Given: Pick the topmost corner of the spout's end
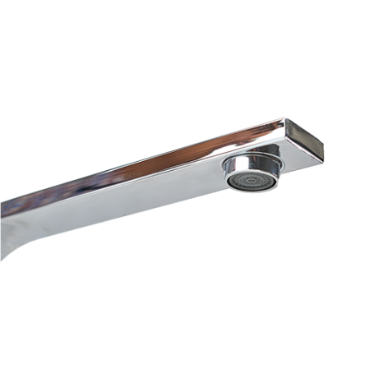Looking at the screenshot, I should click(x=288, y=118).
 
